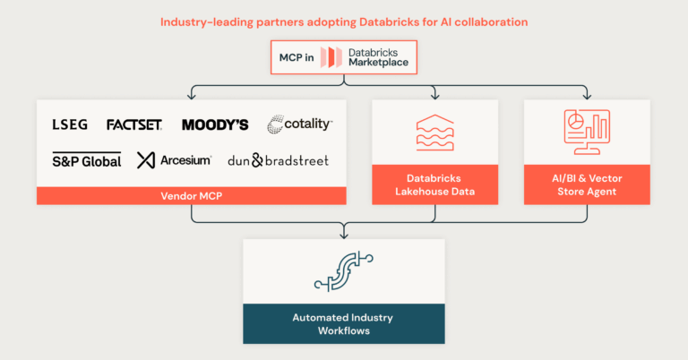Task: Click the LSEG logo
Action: coord(70,124)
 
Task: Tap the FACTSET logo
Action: coord(133,124)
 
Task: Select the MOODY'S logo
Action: coord(214,124)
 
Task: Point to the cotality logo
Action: coord(299,124)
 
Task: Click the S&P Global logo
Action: coord(86,160)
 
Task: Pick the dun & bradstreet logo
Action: coord(278,160)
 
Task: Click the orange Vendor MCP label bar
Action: coord(191,195)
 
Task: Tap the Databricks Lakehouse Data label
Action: coord(434,184)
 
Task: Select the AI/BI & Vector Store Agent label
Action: coord(587,184)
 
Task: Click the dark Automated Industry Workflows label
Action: coord(344,323)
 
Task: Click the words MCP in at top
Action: coord(295,59)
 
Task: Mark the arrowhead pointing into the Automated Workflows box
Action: coord(344,236)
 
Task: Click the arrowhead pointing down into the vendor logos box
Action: coord(191,96)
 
